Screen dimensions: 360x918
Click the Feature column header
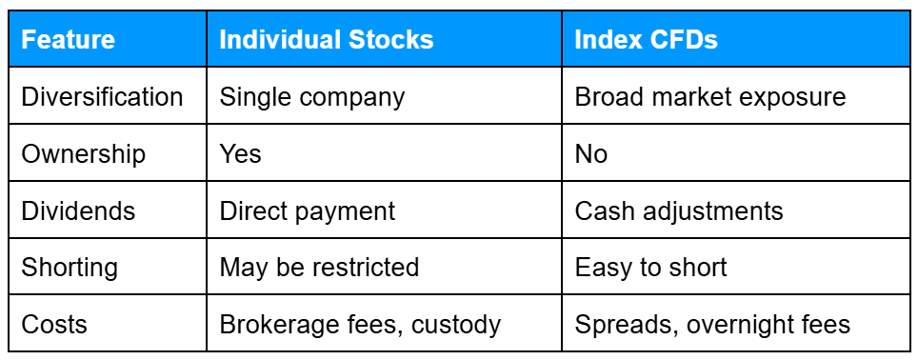(x=68, y=40)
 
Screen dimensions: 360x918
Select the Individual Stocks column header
(x=326, y=40)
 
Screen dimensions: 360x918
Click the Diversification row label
(x=102, y=97)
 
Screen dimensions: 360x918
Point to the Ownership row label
(x=84, y=154)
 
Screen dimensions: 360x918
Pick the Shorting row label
(x=70, y=268)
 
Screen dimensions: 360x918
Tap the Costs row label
(x=53, y=324)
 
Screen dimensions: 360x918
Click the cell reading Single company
(x=311, y=97)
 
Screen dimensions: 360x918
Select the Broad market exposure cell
(x=709, y=97)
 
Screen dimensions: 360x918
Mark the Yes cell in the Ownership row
(x=240, y=154)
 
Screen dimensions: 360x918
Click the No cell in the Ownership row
(x=590, y=154)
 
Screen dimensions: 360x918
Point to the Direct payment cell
(x=307, y=210)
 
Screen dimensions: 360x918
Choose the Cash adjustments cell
(x=678, y=210)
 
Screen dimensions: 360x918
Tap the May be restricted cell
(x=319, y=268)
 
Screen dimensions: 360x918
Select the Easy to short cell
(x=650, y=268)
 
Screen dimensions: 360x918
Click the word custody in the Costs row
(x=455, y=325)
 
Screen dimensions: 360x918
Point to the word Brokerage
(x=278, y=325)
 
